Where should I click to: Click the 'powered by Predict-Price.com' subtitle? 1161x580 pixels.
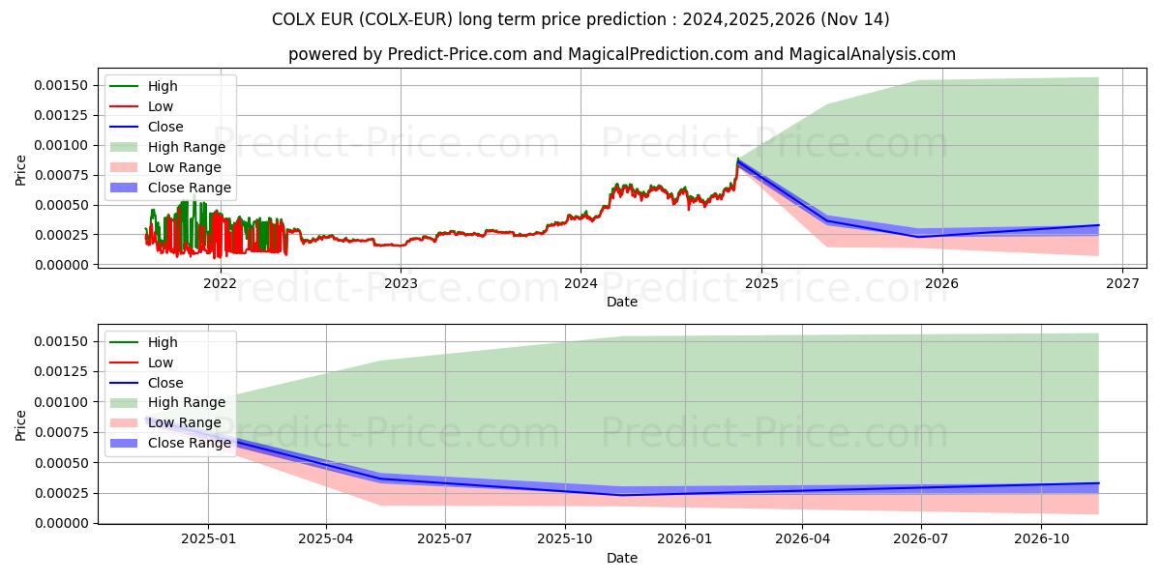621,55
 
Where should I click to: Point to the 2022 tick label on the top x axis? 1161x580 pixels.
220,283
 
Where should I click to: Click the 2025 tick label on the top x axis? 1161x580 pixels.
761,283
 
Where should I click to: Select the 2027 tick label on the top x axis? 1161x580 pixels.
1122,283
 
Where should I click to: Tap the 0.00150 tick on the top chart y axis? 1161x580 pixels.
61,86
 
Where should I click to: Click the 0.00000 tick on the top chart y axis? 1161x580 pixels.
61,265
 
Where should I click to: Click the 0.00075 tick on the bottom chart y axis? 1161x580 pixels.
61,433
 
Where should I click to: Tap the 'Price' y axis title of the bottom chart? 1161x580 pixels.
21,424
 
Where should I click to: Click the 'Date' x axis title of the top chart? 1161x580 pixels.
621,302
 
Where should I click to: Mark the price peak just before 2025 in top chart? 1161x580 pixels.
738,159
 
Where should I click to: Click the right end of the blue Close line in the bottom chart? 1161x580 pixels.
1098,483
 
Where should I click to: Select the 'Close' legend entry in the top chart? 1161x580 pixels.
165,127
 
